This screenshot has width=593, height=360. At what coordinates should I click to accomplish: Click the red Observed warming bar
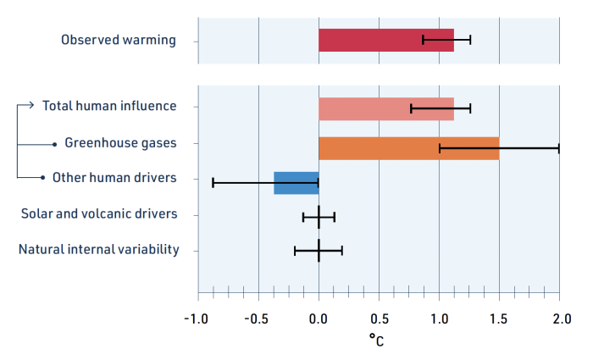[x=385, y=40]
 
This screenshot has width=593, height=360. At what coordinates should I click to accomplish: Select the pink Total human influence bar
[x=385, y=108]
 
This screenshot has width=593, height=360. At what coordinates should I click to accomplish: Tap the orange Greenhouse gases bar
[x=408, y=147]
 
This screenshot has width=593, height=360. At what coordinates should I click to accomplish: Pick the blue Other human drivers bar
[x=296, y=182]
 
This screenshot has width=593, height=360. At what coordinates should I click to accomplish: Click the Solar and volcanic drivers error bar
[x=319, y=217]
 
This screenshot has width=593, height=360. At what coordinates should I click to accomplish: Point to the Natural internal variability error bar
[x=319, y=251]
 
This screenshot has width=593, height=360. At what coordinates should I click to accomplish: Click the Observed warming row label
[x=119, y=40]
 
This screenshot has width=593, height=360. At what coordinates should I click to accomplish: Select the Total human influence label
[x=109, y=106]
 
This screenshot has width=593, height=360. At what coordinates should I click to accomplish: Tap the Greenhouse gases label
[x=120, y=142]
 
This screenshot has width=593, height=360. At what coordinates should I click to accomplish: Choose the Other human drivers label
[x=114, y=178]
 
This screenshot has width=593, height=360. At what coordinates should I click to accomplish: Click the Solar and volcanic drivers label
[x=99, y=213]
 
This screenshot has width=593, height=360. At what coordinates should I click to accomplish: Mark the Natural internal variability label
[x=98, y=249]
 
